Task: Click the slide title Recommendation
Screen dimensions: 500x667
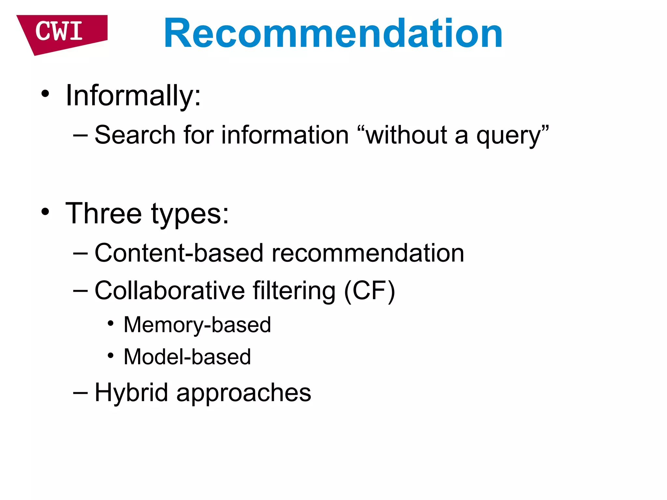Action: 333,33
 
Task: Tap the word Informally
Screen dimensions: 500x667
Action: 133,96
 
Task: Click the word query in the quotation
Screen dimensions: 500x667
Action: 508,136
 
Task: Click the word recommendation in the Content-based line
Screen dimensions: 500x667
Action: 368,253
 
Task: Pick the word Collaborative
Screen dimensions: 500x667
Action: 169,290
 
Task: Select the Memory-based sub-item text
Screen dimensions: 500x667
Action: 197,325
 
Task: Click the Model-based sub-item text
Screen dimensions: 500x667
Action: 187,357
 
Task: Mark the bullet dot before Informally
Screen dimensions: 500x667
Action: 45,94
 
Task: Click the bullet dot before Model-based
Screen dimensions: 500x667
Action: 111,355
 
